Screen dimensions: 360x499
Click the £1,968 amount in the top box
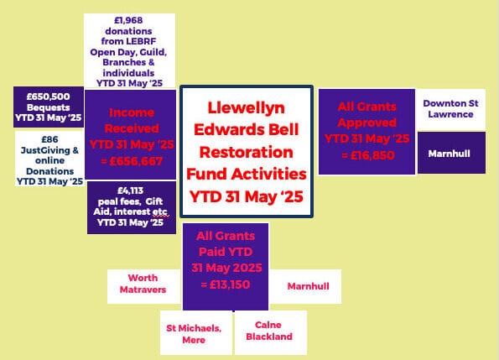pos(129,20)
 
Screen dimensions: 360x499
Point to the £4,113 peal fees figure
pos(129,189)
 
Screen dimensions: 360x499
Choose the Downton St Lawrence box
pos(450,109)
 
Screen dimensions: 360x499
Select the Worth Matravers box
pos(142,284)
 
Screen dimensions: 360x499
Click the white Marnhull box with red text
pos(308,286)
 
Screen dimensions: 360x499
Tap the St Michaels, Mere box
pos(193,331)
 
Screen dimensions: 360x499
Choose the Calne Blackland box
pos(269,331)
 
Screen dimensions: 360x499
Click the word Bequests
pos(49,107)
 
